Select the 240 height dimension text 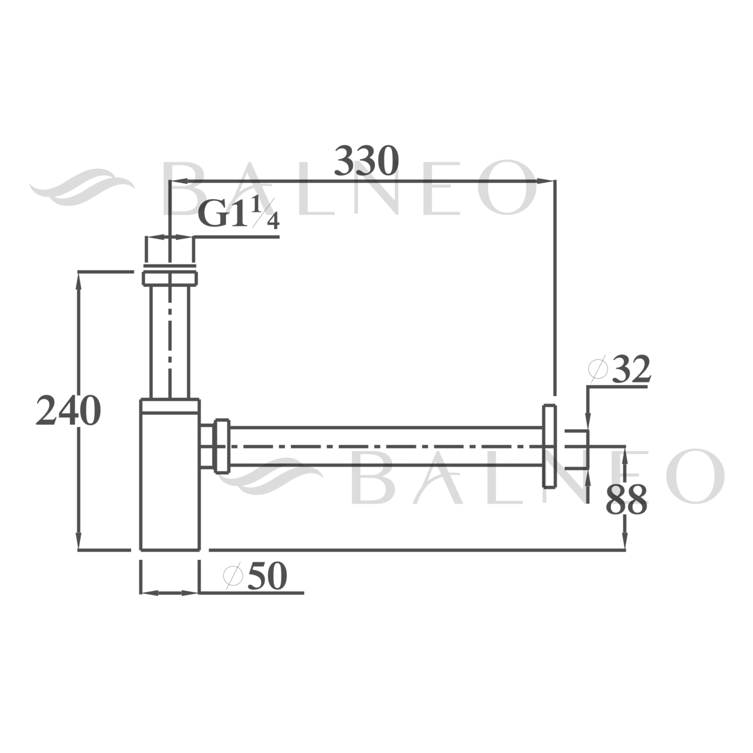point(68,411)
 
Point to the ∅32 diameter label point(619,369)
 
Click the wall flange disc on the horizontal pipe point(549,446)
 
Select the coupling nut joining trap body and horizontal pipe point(221,446)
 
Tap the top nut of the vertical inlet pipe point(169,276)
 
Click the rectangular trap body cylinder point(170,474)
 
